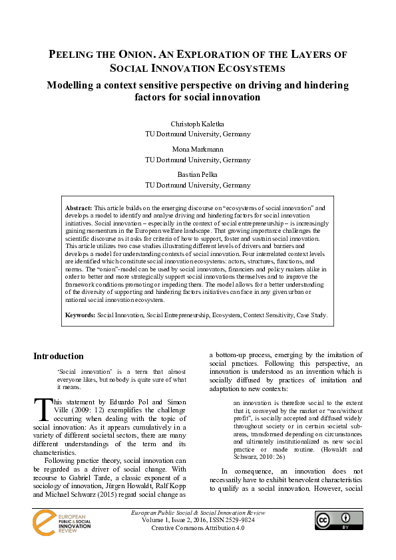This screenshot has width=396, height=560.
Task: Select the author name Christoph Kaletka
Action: tap(198, 124)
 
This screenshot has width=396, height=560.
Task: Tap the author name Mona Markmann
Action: tap(198, 150)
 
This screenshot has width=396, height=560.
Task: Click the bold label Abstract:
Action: tap(79, 209)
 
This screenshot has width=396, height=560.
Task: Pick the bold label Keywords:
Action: tap(81, 315)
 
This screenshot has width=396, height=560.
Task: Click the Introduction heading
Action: tap(59, 356)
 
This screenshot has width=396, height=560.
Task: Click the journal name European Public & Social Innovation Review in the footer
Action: tap(198, 513)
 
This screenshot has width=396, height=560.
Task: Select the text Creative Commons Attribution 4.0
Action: tap(198, 529)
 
